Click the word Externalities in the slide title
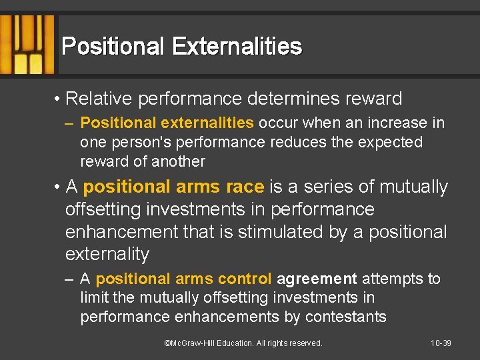click(237, 47)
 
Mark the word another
click(176, 162)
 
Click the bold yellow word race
click(241, 187)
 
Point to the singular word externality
click(107, 255)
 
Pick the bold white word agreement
click(317, 279)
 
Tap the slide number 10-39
click(441, 343)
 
